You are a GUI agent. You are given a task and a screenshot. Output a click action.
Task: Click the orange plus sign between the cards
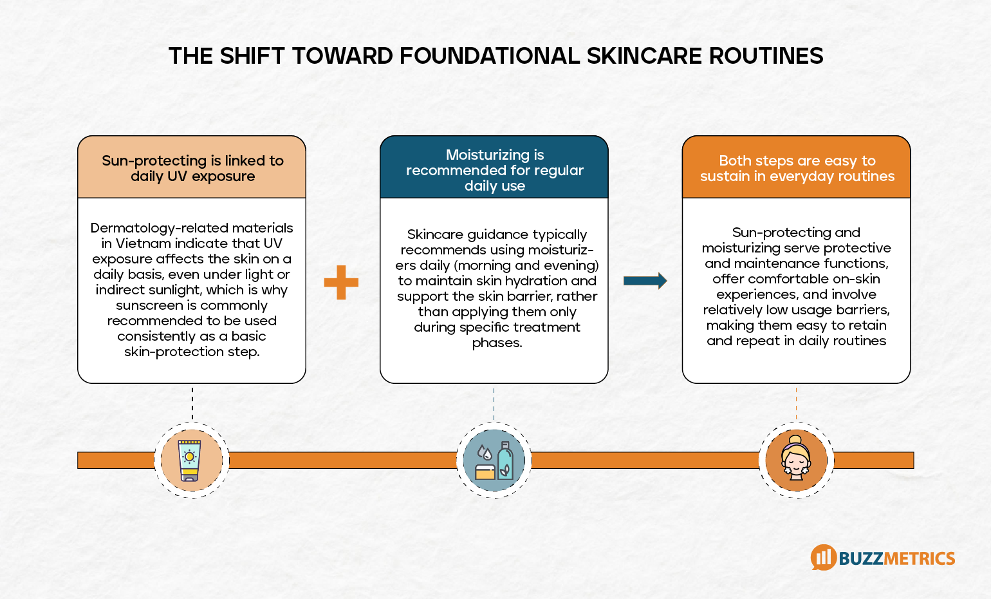[341, 282]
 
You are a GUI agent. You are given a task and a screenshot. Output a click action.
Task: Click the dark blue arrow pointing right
[645, 280]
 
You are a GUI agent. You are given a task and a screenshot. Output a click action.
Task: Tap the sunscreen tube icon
[190, 460]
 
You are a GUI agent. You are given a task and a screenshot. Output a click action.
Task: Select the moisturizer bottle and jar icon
[494, 460]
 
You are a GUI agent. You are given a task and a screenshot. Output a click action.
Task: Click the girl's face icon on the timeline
[796, 459]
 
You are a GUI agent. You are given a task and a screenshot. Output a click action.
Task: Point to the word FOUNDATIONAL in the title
[490, 56]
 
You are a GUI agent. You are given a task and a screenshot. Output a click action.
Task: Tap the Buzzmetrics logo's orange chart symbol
[822, 557]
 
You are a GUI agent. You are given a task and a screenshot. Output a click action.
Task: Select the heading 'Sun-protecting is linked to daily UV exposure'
[192, 168]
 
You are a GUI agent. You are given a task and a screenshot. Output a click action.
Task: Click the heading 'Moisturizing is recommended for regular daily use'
[494, 170]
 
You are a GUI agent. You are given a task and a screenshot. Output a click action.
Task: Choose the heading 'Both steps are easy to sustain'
[797, 168]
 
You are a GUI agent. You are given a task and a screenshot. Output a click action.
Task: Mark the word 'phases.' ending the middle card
[497, 343]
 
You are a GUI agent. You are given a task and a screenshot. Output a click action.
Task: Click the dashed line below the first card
[192, 404]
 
